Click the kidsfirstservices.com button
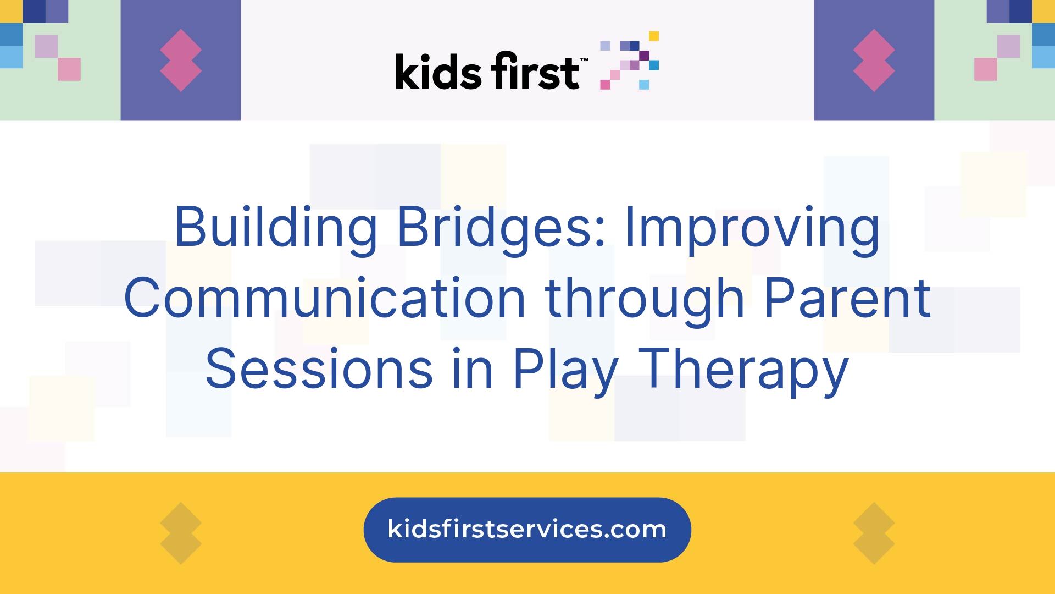click(x=527, y=530)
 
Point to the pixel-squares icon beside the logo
click(x=629, y=61)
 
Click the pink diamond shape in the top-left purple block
click(x=181, y=61)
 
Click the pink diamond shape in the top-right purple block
click(x=874, y=61)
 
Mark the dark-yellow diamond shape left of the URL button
click(x=181, y=533)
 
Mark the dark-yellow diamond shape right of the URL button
click(x=874, y=533)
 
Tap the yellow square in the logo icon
click(x=654, y=36)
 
